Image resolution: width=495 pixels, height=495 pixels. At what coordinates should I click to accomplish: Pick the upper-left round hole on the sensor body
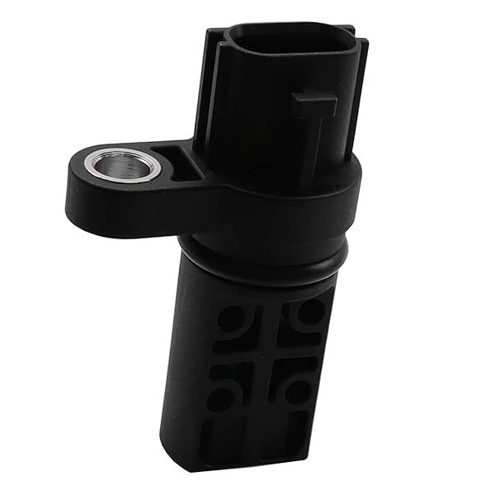[233, 318]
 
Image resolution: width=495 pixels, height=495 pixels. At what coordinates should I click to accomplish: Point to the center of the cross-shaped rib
[266, 353]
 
